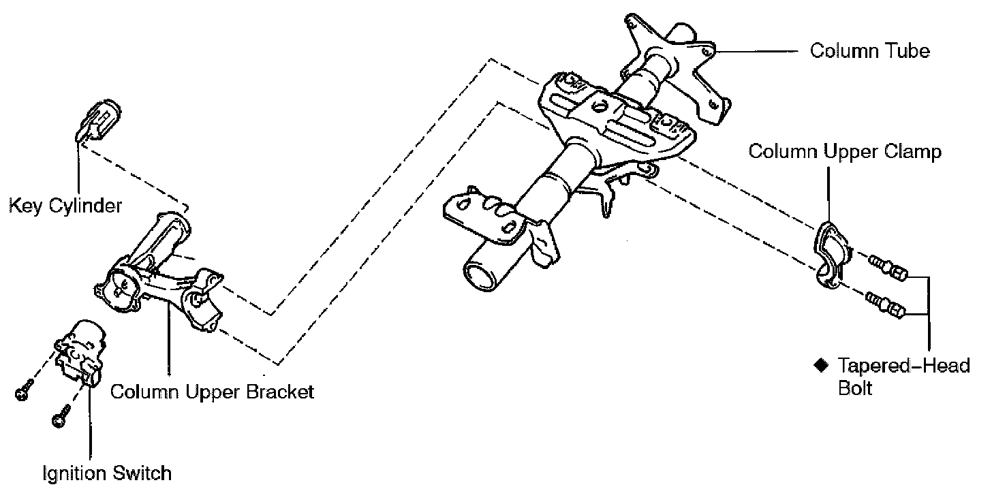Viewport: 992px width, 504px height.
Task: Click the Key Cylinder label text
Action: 65,205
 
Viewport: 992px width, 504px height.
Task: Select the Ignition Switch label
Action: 107,472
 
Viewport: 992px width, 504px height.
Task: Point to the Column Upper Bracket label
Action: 212,392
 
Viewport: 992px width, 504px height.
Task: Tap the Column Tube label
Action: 869,50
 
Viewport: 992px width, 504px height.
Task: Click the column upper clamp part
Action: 833,251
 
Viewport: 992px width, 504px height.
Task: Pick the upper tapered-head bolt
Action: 886,266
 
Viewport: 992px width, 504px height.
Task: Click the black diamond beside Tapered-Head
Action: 820,365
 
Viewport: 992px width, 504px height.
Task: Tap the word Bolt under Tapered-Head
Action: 855,389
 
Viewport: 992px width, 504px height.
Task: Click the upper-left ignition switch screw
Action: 23,392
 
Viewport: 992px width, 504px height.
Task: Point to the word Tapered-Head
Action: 903,366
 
